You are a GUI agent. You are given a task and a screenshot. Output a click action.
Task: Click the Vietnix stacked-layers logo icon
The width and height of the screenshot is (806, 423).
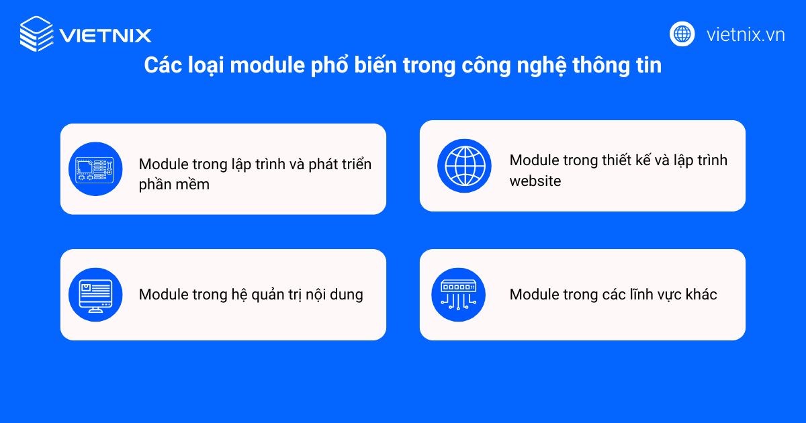point(37,34)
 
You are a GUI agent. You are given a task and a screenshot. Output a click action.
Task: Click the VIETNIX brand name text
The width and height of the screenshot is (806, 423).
point(105,36)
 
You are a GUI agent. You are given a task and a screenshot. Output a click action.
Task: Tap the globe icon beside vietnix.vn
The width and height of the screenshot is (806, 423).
point(682,34)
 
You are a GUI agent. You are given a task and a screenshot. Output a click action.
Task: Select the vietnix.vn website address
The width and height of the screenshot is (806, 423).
point(746,35)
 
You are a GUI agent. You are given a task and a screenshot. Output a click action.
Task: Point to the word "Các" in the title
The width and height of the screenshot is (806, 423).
point(163,65)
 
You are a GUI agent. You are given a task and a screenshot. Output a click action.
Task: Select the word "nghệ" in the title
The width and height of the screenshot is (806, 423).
point(541,66)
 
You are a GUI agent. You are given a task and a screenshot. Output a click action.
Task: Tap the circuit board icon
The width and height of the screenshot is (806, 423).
point(95,169)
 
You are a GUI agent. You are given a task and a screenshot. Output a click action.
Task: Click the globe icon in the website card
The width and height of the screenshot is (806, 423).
point(464,166)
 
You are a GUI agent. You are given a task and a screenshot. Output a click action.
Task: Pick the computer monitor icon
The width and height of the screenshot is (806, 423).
point(95,295)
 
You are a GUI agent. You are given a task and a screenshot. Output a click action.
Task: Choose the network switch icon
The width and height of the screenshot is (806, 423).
point(458,295)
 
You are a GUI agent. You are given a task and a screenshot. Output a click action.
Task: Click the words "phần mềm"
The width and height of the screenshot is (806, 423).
point(174,185)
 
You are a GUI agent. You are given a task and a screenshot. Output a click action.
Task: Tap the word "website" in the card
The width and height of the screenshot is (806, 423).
point(535,181)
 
